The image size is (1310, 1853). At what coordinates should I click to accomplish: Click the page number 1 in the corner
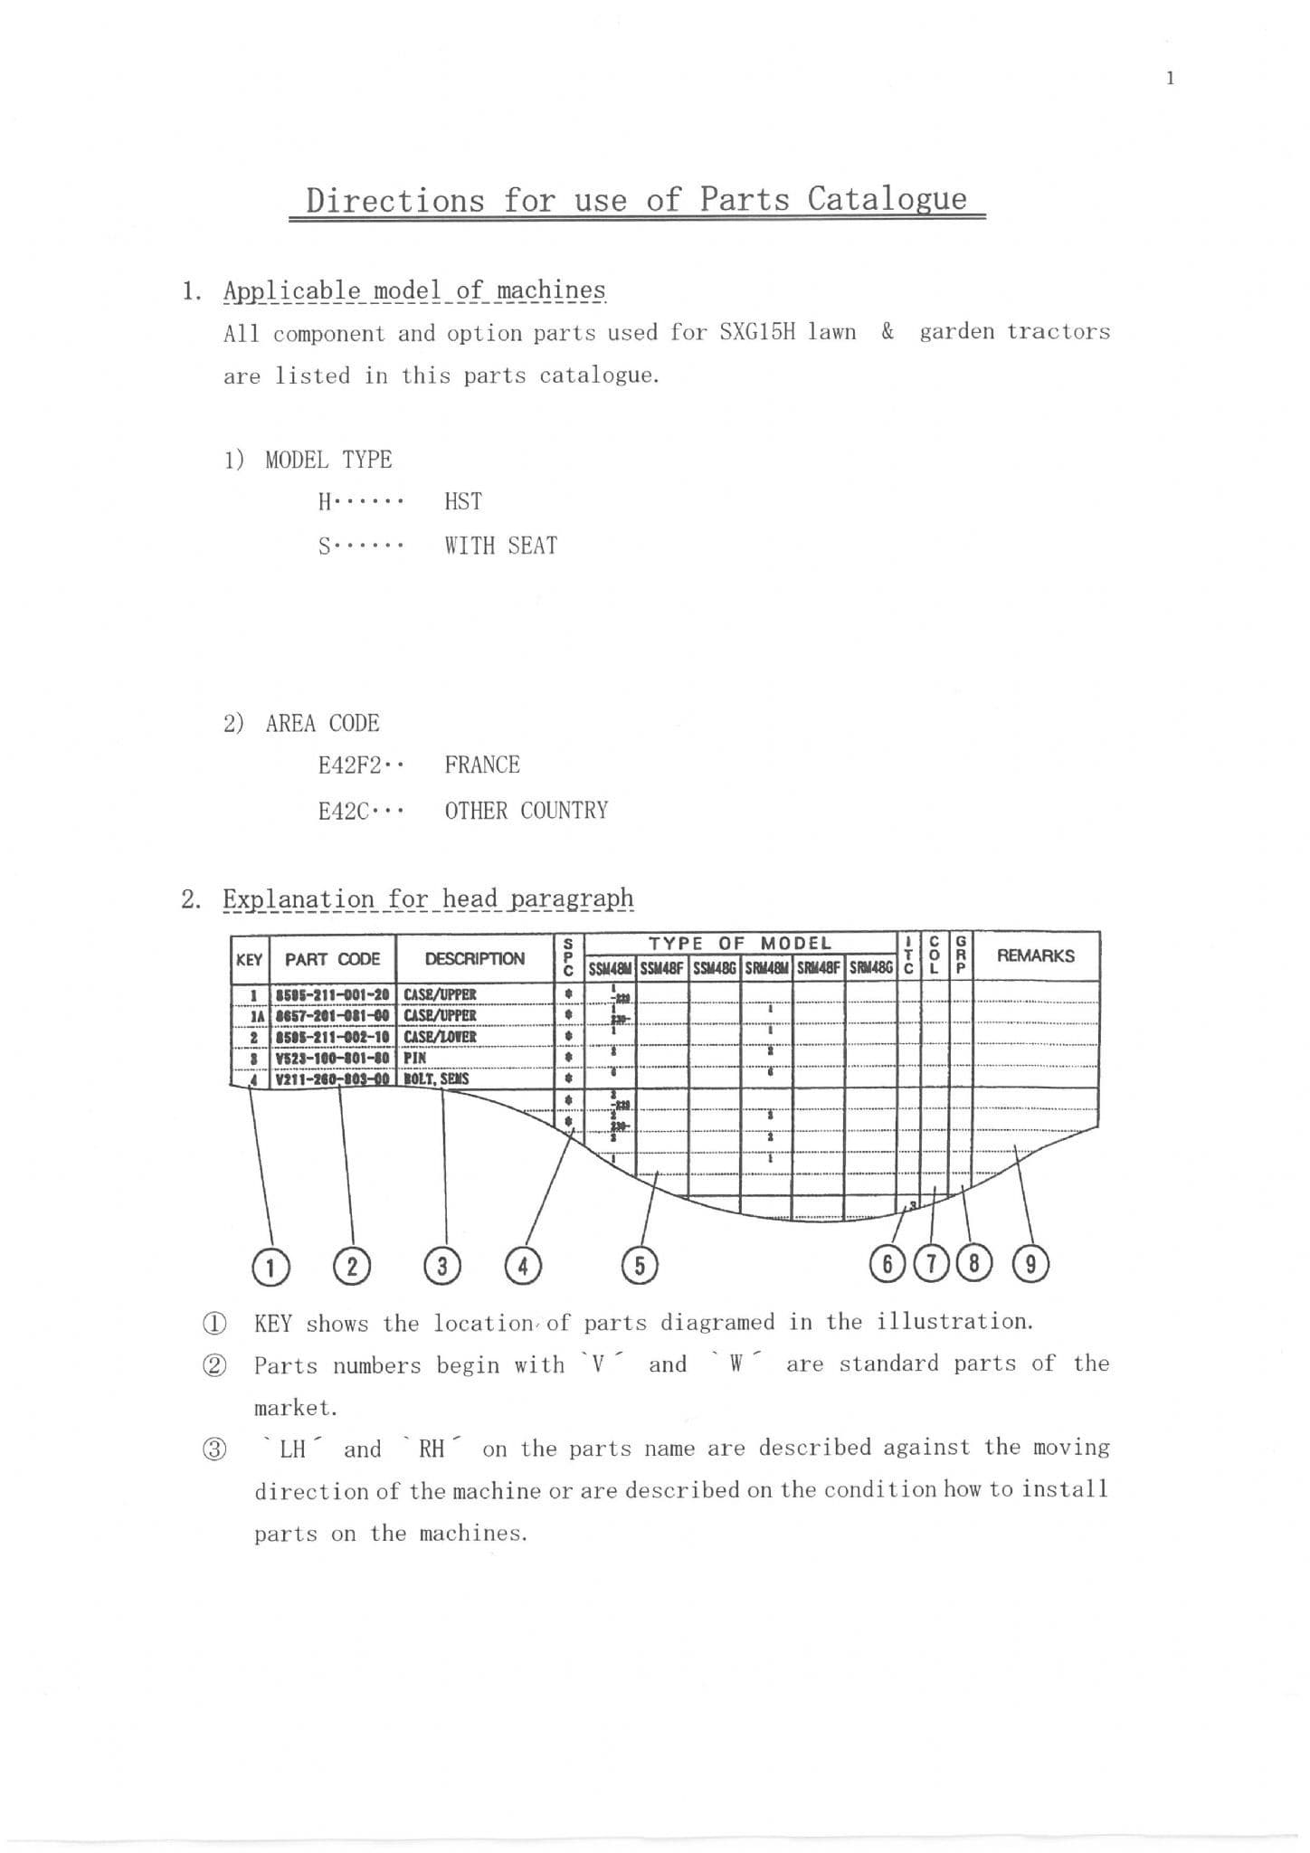pyautogui.click(x=1170, y=79)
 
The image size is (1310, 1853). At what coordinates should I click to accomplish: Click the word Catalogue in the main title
pyautogui.click(x=887, y=199)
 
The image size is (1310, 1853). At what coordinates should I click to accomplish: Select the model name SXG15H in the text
pyautogui.click(x=757, y=332)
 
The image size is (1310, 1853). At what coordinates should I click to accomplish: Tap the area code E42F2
pyautogui.click(x=350, y=765)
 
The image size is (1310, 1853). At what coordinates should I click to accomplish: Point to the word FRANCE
pyautogui.click(x=482, y=765)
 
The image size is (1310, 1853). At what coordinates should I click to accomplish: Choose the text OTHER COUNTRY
pyautogui.click(x=526, y=811)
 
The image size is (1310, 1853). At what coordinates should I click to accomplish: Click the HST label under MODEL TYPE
pyautogui.click(x=463, y=502)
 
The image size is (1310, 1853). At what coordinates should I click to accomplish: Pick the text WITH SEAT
pyautogui.click(x=500, y=546)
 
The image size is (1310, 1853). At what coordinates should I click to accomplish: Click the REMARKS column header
pyautogui.click(x=1035, y=956)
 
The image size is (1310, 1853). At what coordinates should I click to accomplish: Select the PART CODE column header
pyautogui.click(x=332, y=960)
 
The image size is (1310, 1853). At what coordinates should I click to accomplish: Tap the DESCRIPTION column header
pyautogui.click(x=474, y=959)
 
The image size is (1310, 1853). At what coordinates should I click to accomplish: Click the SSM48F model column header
pyautogui.click(x=663, y=969)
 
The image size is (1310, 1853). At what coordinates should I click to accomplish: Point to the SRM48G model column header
pyautogui.click(x=871, y=969)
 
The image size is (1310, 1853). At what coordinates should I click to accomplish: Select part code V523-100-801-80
pyautogui.click(x=332, y=1058)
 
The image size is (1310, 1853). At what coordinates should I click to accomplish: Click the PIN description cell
pyautogui.click(x=415, y=1058)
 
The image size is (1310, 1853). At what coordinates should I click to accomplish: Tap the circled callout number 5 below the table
pyautogui.click(x=640, y=1266)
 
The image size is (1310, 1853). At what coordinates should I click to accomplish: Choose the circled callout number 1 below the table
pyautogui.click(x=270, y=1267)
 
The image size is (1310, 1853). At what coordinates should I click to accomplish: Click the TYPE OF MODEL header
pyautogui.click(x=739, y=944)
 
